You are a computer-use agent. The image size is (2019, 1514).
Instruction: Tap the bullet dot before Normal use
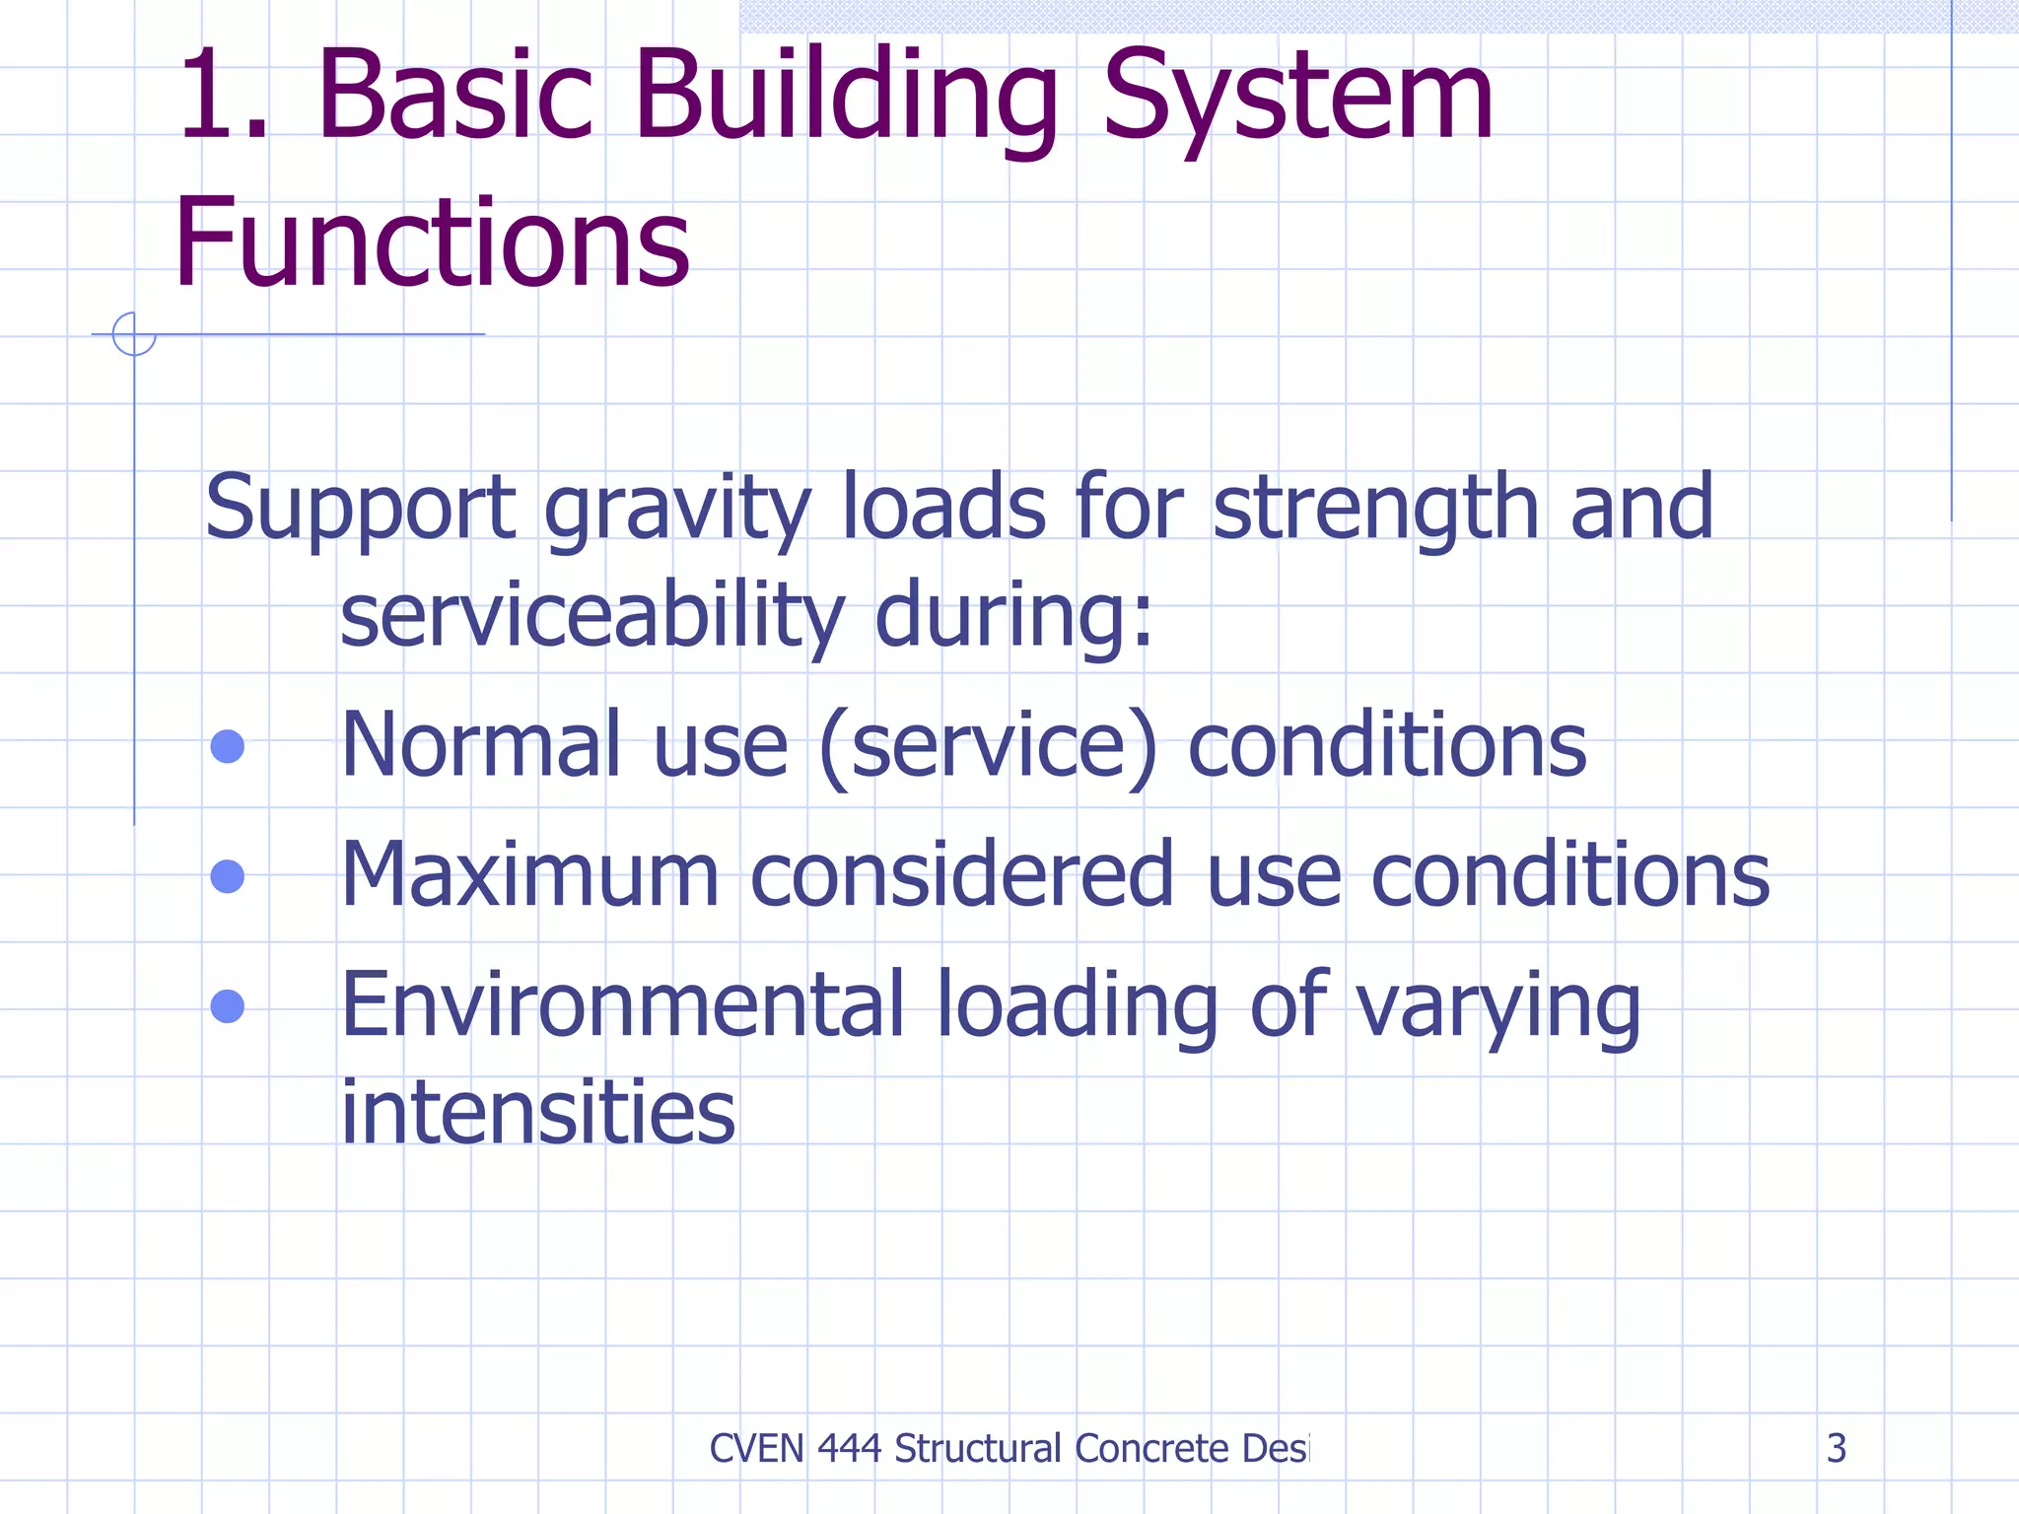(228, 746)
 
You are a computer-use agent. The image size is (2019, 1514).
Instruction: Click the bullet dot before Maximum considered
(228, 875)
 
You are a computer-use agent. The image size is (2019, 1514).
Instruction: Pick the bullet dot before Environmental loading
(228, 1006)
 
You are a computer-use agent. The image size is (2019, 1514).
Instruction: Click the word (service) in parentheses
(988, 746)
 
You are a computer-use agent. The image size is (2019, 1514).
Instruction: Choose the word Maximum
(529, 875)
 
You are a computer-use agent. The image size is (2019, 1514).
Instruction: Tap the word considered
(962, 875)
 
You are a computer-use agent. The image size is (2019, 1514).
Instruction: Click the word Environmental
(622, 1005)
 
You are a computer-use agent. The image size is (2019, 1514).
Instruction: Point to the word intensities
(538, 1113)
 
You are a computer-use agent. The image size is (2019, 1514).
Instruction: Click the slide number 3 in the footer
(1836, 1448)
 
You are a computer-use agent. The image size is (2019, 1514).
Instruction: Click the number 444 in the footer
(850, 1449)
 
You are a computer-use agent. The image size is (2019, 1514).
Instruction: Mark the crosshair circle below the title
(134, 334)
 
